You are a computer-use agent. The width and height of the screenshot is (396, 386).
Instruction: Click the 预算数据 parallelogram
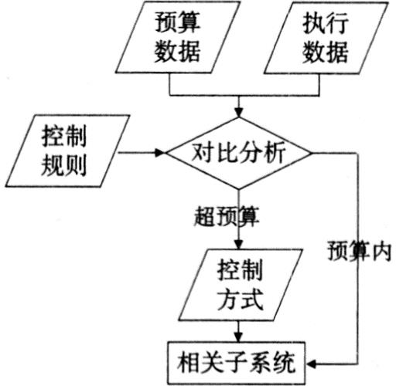point(178,37)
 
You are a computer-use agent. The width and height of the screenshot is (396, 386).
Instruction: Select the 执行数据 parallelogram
point(326,38)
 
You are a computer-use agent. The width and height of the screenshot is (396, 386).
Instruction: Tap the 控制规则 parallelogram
point(67,151)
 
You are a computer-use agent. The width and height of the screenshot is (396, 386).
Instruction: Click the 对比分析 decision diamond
point(239,154)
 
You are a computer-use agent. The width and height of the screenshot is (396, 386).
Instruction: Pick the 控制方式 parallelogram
point(241,285)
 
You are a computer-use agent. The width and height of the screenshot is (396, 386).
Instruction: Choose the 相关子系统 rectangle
point(237,363)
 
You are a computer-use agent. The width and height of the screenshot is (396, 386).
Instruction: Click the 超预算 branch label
point(227,216)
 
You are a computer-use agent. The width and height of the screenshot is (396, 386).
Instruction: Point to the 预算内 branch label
point(360,251)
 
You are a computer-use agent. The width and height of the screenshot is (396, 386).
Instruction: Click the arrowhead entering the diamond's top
point(239,113)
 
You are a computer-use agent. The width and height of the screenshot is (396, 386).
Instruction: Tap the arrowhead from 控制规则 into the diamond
point(160,153)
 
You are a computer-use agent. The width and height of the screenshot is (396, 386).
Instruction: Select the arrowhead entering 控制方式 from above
point(239,244)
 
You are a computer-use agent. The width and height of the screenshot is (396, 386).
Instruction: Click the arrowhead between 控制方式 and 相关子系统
point(239,337)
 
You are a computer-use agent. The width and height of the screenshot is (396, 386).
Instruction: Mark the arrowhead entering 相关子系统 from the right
point(311,364)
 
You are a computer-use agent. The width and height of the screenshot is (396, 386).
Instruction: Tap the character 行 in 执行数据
point(337,23)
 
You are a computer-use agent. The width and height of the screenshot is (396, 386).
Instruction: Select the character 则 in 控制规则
point(75,165)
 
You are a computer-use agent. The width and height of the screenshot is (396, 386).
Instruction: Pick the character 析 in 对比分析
point(275,152)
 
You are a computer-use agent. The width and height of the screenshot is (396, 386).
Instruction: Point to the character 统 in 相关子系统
point(285,363)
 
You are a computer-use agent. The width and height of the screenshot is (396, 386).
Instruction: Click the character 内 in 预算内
point(381,251)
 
